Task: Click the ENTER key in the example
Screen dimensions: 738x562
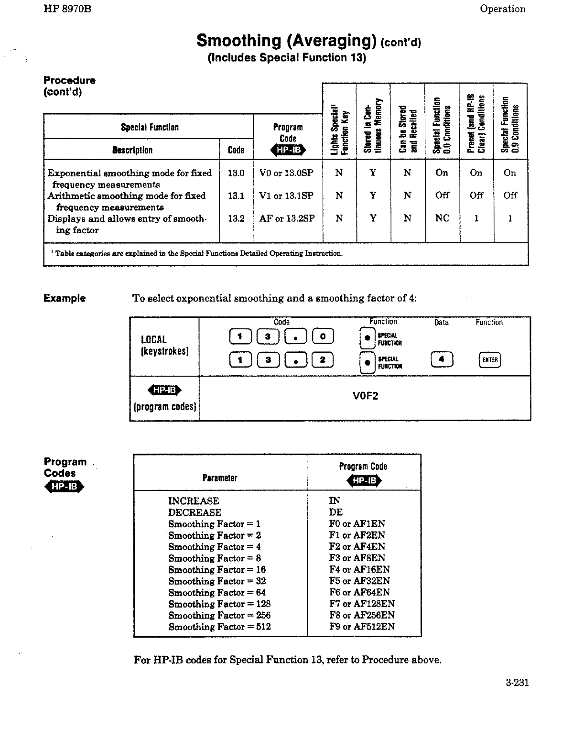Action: [x=489, y=360]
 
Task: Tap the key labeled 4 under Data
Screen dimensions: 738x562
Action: [x=442, y=359]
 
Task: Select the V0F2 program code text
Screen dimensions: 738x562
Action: [x=365, y=396]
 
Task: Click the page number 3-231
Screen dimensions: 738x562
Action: [x=517, y=683]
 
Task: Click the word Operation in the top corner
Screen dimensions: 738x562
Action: [x=502, y=9]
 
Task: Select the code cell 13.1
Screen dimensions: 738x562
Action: [x=236, y=195]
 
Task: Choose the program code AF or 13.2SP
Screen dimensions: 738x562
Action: [x=287, y=218]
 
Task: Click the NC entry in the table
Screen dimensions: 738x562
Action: [x=442, y=218]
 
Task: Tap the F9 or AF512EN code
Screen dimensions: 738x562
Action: [x=362, y=627]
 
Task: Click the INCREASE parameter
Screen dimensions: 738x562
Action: [x=194, y=501]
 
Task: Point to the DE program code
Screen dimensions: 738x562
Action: [x=336, y=512]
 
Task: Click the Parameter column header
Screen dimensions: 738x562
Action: [x=220, y=478]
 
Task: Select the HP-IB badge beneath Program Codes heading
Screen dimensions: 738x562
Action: [x=64, y=487]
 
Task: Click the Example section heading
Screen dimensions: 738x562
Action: [x=65, y=298]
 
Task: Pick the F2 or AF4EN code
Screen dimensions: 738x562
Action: [x=357, y=547]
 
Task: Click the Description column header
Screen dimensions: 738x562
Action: [x=132, y=150]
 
